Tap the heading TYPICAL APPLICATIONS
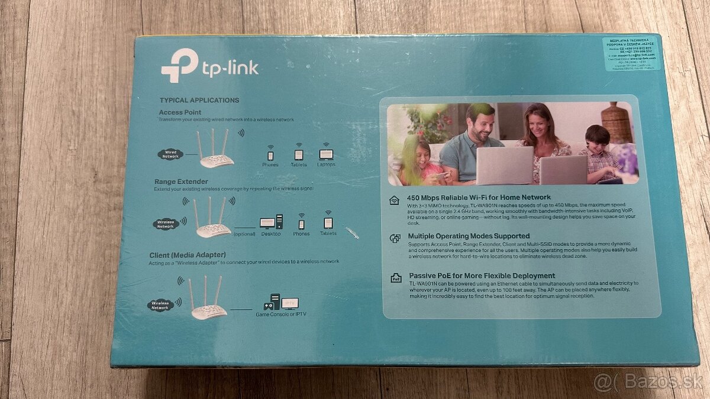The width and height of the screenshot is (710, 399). tap(199, 100)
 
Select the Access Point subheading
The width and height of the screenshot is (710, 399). tap(180, 112)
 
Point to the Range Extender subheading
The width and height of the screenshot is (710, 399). tap(181, 181)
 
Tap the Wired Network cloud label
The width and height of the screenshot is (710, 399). tap(170, 154)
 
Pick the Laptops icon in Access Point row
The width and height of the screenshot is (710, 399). tap(326, 154)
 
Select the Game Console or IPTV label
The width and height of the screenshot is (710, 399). tap(281, 314)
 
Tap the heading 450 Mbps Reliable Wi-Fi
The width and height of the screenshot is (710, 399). tap(479, 197)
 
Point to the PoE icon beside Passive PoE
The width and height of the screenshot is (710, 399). tap(395, 278)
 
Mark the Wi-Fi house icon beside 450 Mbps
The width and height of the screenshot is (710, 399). tap(395, 200)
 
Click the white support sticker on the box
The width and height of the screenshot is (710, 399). tap(631, 53)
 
